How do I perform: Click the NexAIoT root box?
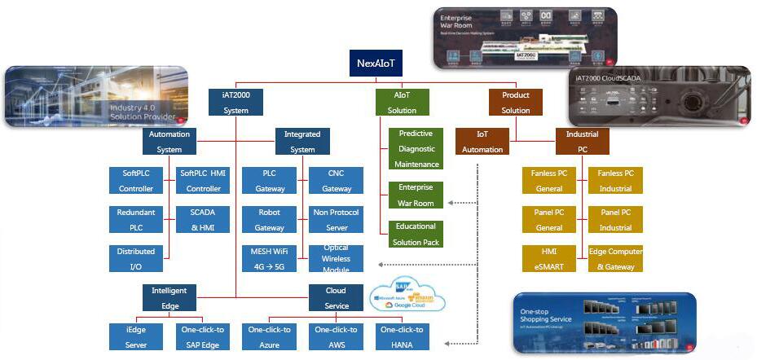[x=376, y=63]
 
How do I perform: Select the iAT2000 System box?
[x=235, y=103]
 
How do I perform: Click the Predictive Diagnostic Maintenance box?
[x=416, y=149]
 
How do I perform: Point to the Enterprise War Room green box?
[x=416, y=195]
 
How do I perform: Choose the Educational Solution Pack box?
[x=416, y=234]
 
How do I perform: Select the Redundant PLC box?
[x=136, y=220]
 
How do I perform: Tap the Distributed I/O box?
[x=136, y=258]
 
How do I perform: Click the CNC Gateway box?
[x=336, y=181]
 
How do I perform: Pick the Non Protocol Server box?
[x=336, y=220]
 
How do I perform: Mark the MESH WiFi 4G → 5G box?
[x=269, y=258]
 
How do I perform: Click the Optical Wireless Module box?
[x=336, y=258]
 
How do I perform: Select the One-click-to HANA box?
[x=403, y=336]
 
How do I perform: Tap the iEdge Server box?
[x=136, y=336]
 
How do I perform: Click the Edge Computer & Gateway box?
[x=615, y=258]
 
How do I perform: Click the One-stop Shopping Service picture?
[x=603, y=323]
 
